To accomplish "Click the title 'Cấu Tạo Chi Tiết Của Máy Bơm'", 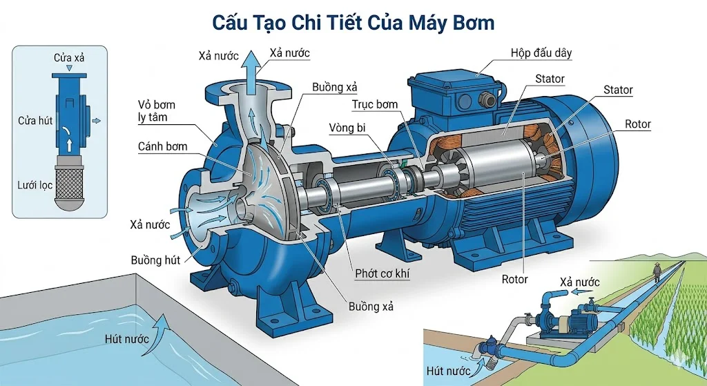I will (353, 22).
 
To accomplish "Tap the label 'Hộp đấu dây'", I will (541, 53).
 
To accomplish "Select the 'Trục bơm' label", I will (375, 104).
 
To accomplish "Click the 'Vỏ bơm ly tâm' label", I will (157, 111).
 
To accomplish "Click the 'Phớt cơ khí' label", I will (382, 273).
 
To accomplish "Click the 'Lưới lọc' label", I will (35, 185).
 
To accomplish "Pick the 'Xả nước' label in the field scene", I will (579, 282).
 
